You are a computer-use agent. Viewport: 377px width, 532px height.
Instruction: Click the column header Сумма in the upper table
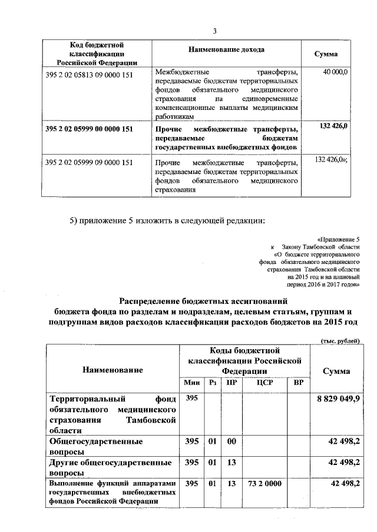(x=326, y=53)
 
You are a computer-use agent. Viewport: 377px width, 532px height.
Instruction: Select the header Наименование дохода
(x=227, y=50)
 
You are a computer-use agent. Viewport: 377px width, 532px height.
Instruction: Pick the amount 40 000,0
(x=336, y=72)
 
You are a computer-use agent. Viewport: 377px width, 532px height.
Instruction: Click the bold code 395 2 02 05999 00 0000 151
(x=90, y=128)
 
